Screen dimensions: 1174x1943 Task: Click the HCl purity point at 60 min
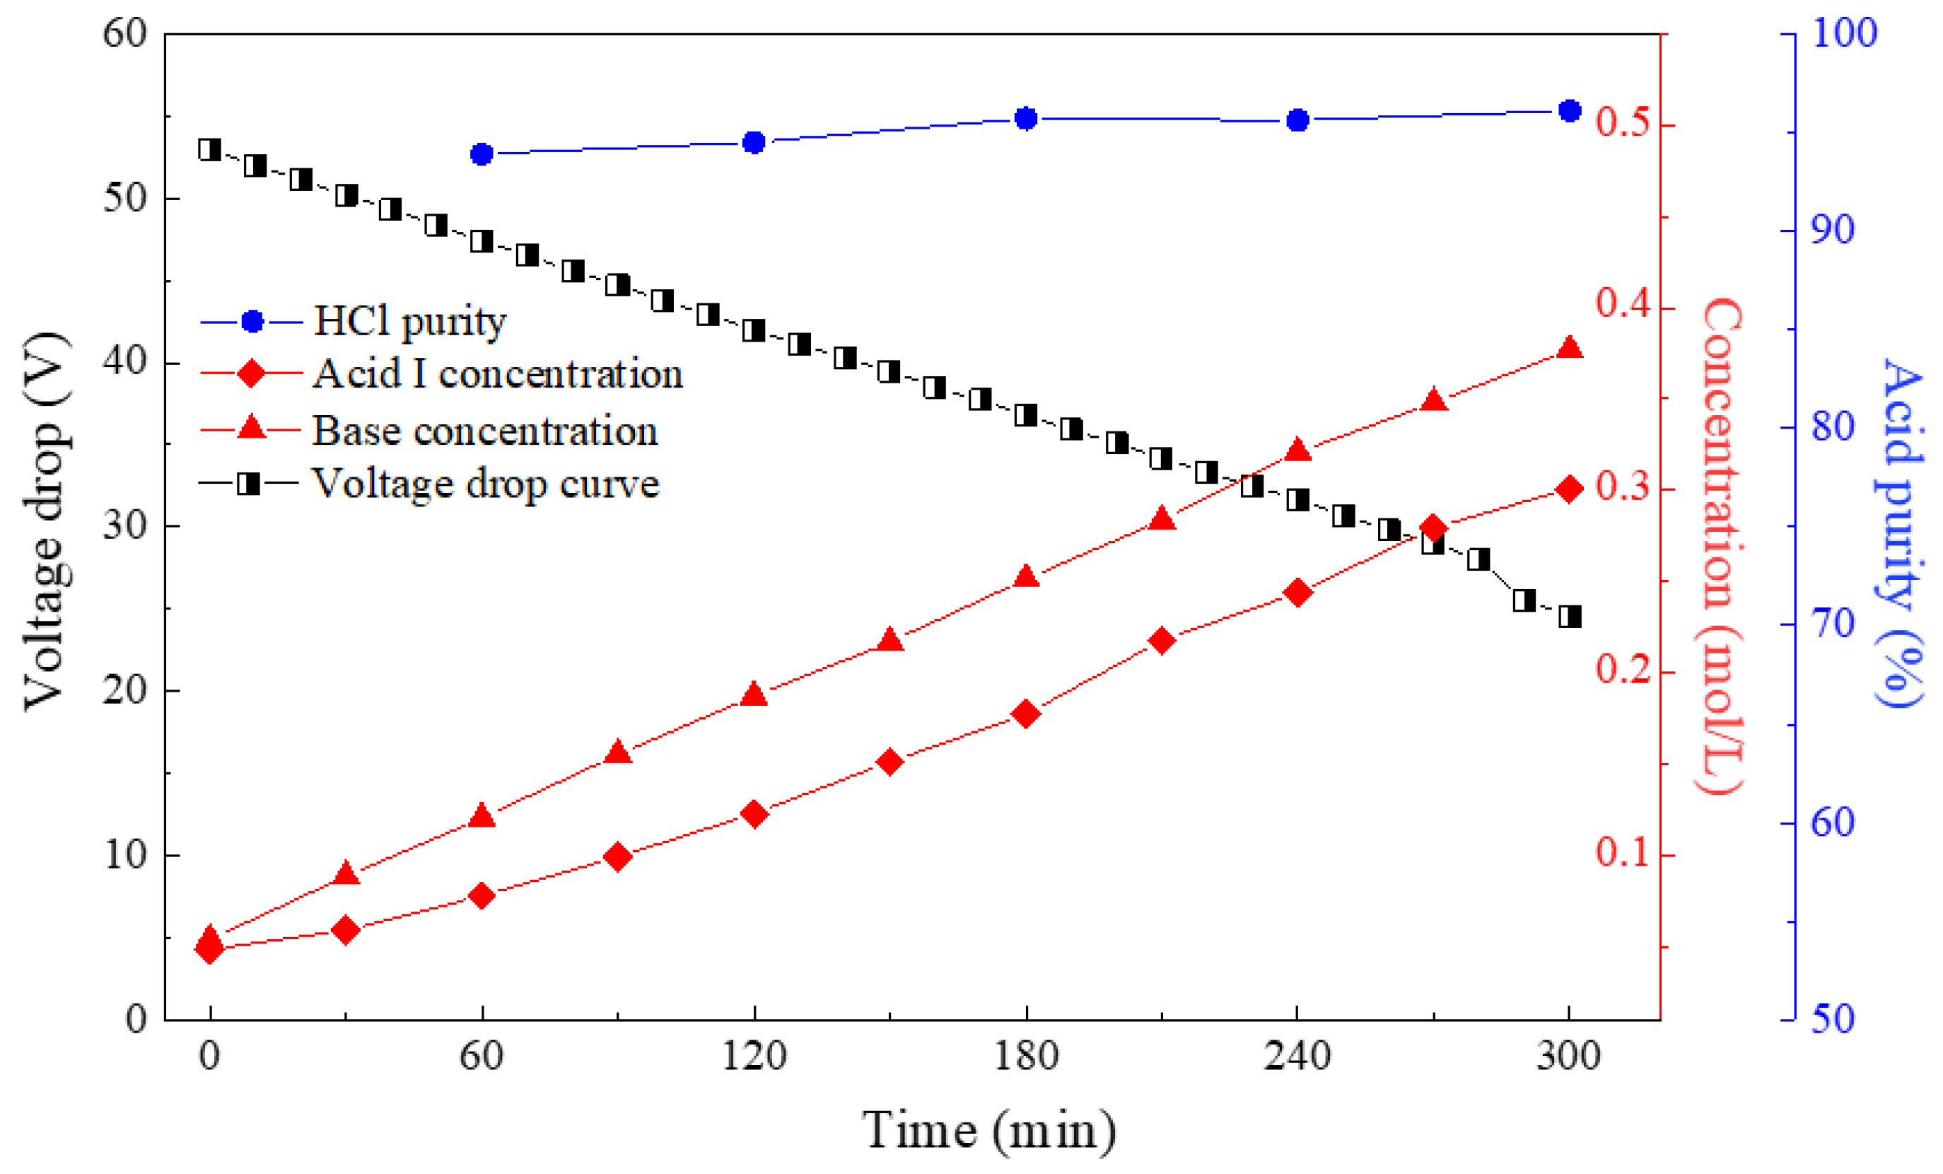tap(482, 154)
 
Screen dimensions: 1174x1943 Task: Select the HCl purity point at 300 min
tap(1570, 111)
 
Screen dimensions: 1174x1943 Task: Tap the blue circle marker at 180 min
tap(1026, 119)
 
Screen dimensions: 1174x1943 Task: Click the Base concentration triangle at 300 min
tap(1570, 349)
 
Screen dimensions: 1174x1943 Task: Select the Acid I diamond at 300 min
tap(1570, 490)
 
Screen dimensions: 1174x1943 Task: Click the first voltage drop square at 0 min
tap(210, 149)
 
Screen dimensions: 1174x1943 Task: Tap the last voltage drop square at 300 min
tap(1570, 616)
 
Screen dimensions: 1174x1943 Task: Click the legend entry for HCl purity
tap(409, 321)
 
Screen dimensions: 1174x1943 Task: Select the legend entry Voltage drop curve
tap(485, 483)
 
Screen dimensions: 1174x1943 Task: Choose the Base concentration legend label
tap(485, 431)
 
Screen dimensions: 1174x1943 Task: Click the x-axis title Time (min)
tap(990, 1131)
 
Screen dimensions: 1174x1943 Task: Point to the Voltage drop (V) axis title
tap(46, 521)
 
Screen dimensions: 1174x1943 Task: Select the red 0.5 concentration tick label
tap(1622, 122)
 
